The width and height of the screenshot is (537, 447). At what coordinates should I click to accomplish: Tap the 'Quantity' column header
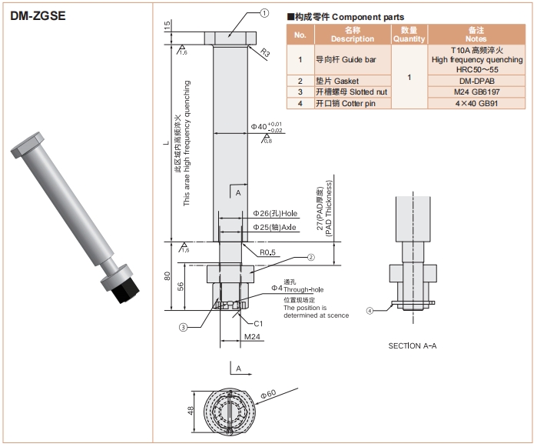tap(409, 34)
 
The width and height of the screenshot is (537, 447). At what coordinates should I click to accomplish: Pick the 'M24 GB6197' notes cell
tap(476, 92)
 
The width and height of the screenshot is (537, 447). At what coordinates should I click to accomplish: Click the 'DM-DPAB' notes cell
tap(476, 81)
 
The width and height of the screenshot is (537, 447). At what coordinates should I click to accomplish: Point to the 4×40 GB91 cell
tap(476, 102)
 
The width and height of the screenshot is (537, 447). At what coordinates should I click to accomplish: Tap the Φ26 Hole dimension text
tap(275, 213)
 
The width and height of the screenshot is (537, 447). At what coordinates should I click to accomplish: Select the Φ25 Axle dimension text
tap(274, 228)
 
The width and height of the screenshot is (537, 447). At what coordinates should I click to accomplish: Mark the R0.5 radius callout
tap(267, 252)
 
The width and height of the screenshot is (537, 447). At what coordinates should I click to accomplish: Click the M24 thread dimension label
tap(252, 337)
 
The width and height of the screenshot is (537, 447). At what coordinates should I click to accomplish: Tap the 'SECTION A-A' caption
tap(413, 346)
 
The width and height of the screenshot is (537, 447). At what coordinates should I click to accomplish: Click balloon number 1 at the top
tap(264, 12)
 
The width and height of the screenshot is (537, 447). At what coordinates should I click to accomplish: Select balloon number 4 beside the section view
tap(370, 311)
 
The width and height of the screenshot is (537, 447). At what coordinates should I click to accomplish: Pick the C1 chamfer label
tap(259, 324)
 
